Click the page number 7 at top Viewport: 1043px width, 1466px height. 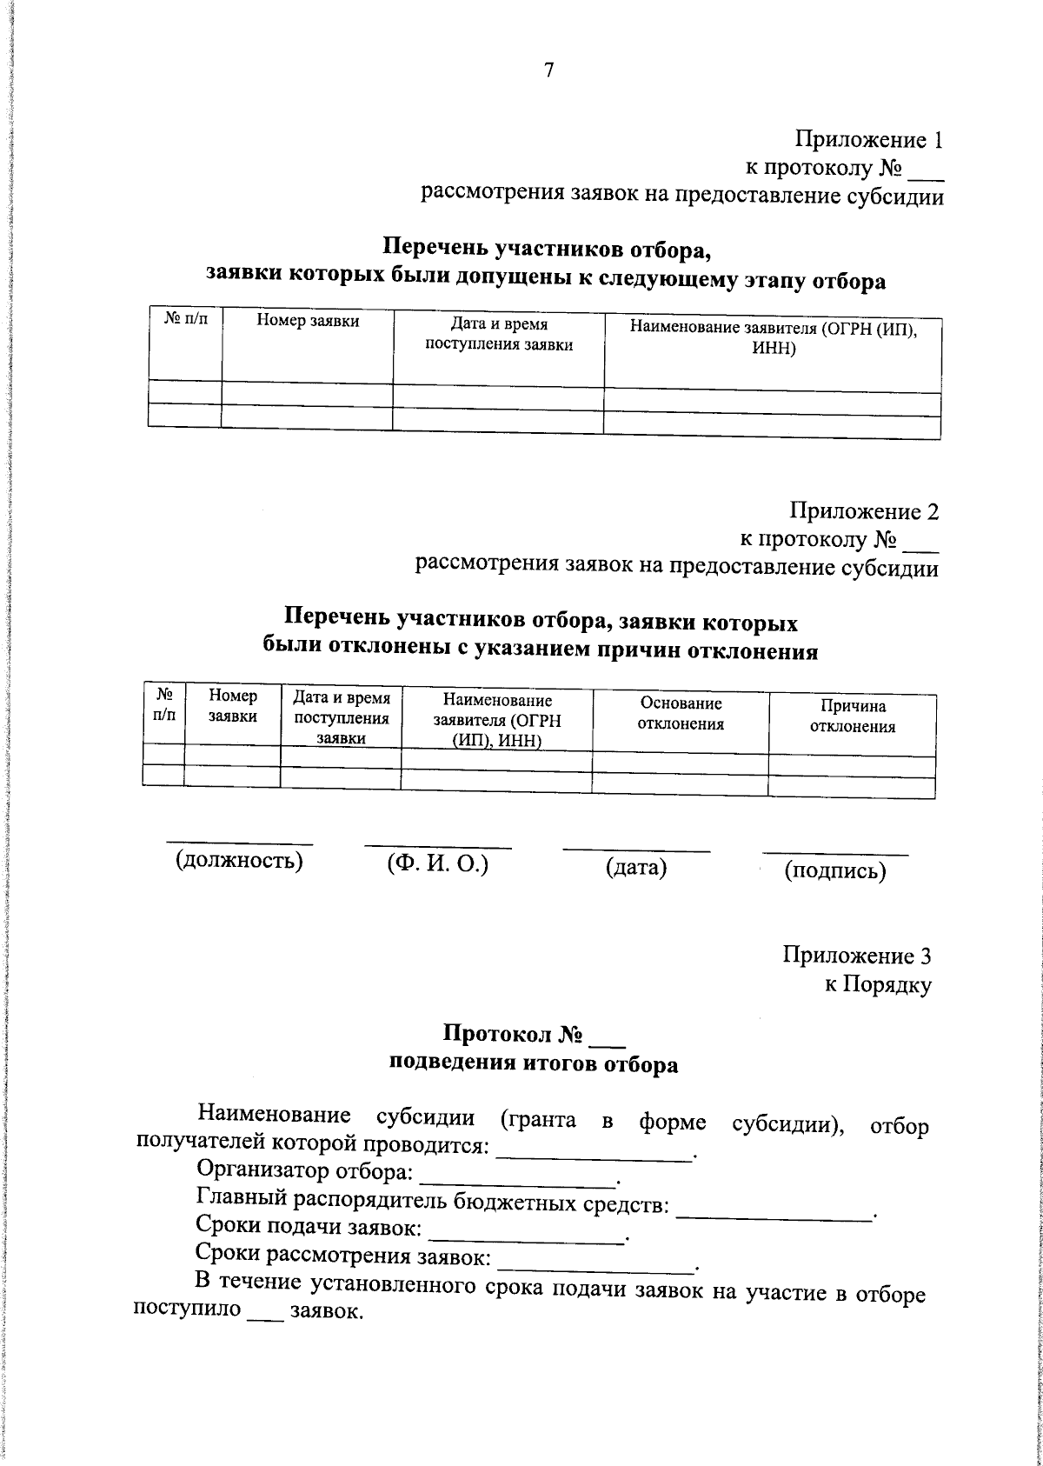(x=549, y=71)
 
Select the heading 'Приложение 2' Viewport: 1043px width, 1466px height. (x=864, y=510)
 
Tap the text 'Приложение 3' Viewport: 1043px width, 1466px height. (x=857, y=956)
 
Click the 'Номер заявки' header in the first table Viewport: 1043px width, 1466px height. (x=308, y=323)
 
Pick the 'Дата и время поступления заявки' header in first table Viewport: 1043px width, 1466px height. (x=498, y=335)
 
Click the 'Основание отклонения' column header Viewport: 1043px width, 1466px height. (x=681, y=713)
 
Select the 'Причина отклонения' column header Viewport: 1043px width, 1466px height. (x=852, y=716)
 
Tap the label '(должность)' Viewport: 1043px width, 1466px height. (x=239, y=861)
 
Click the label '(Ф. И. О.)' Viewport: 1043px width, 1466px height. (x=437, y=863)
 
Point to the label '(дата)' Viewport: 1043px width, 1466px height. (x=635, y=867)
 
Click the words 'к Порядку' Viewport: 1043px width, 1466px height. (x=878, y=985)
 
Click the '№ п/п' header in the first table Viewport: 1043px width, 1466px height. (x=185, y=321)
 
